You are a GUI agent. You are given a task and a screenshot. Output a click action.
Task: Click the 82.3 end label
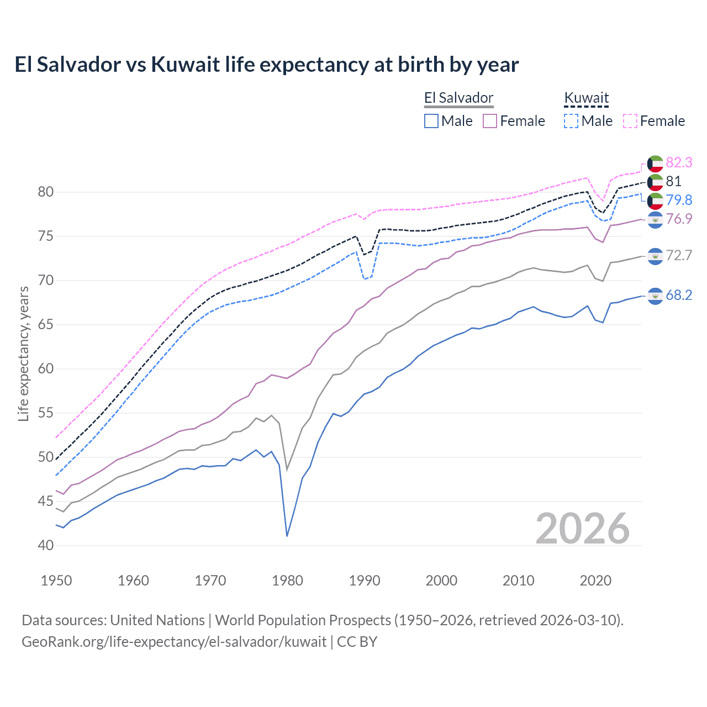[678, 162]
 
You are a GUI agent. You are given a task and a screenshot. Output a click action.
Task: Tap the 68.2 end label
[678, 296]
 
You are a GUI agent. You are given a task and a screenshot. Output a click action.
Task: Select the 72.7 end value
[678, 255]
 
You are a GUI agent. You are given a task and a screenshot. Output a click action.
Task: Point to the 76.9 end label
[678, 219]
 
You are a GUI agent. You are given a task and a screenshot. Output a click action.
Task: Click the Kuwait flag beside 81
[655, 182]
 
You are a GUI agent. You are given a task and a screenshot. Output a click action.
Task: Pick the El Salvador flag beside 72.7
[655, 256]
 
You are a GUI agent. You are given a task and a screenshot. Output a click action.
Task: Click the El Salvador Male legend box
[431, 121]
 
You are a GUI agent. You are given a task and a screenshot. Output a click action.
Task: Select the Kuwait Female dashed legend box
[630, 121]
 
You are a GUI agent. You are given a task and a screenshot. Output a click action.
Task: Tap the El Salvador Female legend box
[490, 121]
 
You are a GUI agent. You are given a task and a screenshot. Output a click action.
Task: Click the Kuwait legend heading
[586, 98]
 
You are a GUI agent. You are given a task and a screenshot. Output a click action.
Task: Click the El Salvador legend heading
[458, 98]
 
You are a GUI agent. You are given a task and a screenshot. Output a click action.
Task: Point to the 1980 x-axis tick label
[287, 581]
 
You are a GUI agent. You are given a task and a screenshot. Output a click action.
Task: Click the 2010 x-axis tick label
[518, 581]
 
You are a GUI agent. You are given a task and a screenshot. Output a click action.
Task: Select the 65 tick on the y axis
[46, 325]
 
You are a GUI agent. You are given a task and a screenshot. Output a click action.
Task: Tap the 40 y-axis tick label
[46, 546]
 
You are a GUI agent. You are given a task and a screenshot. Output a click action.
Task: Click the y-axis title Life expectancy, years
[23, 353]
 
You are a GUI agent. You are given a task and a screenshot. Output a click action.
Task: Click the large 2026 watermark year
[583, 529]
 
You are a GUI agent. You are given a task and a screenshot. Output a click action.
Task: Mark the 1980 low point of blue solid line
[287, 536]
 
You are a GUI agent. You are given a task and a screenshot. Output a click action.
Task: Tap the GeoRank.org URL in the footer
[174, 642]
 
